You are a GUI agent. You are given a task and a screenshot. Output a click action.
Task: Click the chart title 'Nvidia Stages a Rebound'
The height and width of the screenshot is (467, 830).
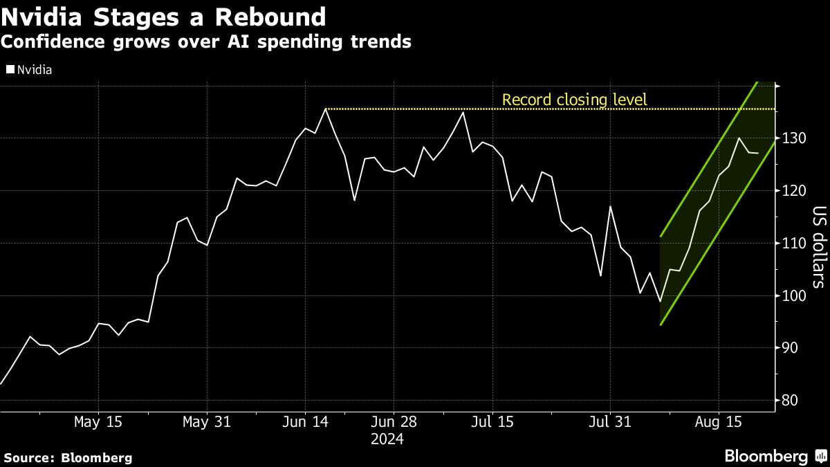coord(163,17)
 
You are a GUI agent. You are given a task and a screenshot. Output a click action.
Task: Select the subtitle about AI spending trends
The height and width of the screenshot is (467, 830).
coord(206,42)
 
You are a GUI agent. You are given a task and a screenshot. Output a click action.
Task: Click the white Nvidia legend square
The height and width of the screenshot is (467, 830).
coord(10,70)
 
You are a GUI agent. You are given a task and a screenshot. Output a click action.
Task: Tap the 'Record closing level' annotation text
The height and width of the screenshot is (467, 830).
coord(574,100)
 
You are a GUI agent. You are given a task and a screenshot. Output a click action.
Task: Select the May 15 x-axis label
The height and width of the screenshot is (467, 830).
coord(98,422)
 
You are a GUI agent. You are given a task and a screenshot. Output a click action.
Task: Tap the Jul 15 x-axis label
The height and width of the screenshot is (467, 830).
coord(492,422)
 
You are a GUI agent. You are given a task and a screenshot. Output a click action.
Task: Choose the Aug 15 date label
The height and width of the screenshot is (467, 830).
coord(718,422)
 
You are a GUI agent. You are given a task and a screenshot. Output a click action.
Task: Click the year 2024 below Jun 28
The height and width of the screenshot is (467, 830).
coord(387,439)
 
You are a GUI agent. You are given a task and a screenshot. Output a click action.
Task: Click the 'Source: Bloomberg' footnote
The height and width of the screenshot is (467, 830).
coord(68,457)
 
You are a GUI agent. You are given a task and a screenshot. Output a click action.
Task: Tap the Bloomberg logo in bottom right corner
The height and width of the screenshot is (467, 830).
coord(774,457)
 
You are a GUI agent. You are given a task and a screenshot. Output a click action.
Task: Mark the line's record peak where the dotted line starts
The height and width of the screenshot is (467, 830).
coord(326,109)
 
